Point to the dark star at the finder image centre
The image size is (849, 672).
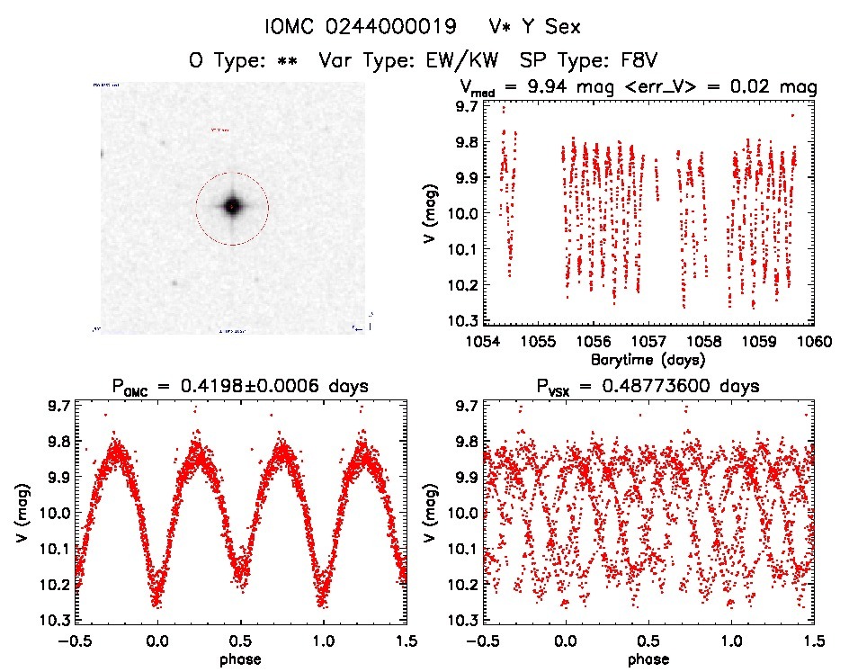point(232,207)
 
